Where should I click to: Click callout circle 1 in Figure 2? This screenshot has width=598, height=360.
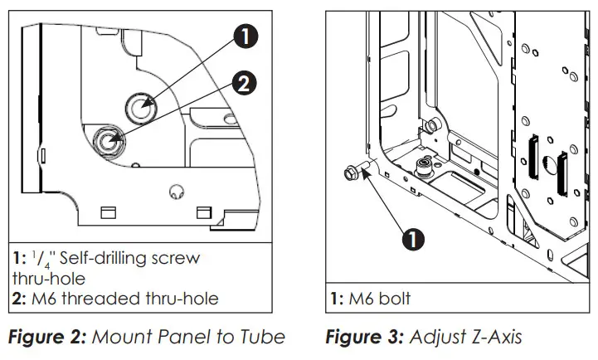pos(246,36)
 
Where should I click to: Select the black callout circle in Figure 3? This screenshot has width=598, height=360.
pos(412,239)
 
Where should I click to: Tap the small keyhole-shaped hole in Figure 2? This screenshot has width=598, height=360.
pos(175,192)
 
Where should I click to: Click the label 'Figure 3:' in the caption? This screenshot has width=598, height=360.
pos(362,337)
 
